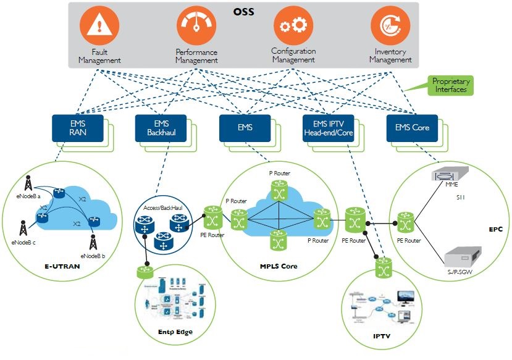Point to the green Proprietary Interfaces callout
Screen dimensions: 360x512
coord(450,85)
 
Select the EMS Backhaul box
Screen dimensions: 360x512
coord(156,128)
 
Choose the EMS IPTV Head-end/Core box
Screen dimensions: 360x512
coord(327,128)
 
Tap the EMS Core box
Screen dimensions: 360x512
coord(411,128)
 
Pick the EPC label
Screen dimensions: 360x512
coord(496,229)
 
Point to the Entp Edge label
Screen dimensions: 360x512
coord(175,333)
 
